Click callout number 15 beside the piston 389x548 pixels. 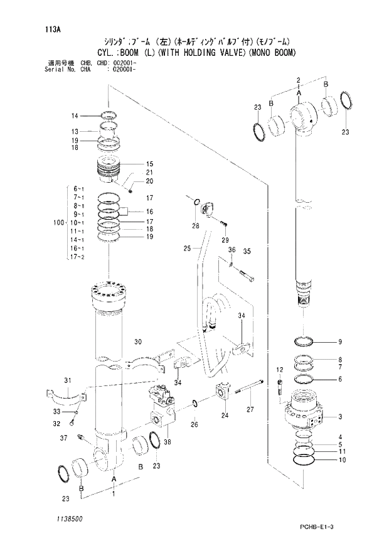click(x=149, y=164)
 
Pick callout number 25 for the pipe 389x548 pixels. click(x=186, y=249)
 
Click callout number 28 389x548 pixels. click(x=195, y=225)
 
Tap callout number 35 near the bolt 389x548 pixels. click(x=247, y=251)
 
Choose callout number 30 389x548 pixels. click(x=138, y=341)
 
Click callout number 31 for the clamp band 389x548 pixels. click(x=67, y=380)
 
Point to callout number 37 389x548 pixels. click(x=64, y=437)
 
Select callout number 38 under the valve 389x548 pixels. click(x=166, y=442)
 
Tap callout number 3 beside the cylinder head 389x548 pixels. click(x=339, y=417)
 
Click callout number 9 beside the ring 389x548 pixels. click(x=339, y=342)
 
